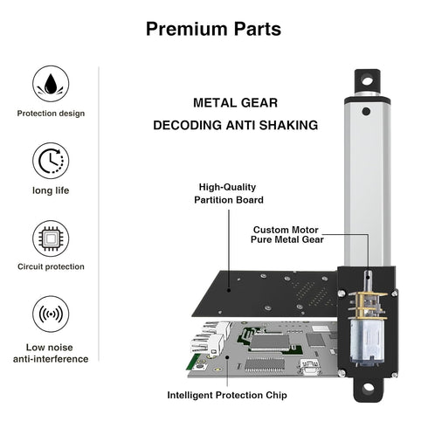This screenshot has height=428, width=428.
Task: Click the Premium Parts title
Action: [213, 29]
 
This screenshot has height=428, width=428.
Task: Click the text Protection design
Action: [50, 113]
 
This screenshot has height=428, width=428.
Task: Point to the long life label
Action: [50, 190]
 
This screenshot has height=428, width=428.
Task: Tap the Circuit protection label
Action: [50, 266]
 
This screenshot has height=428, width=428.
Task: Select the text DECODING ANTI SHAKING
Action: [235, 125]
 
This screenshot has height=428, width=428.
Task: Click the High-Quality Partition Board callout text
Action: [229, 192]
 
